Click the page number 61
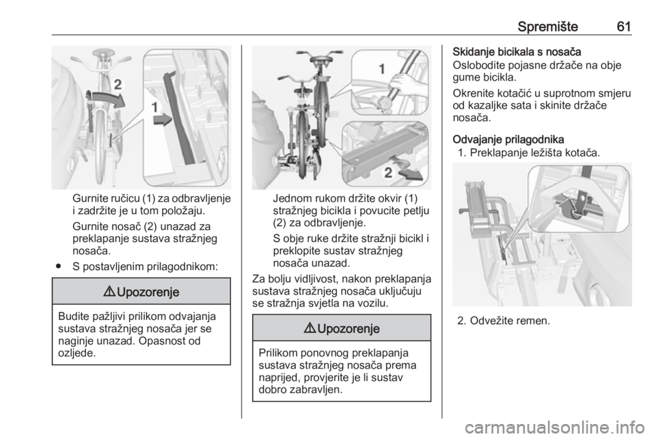tap(624, 27)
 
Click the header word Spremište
tap(547, 27)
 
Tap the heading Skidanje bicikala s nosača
tap(517, 52)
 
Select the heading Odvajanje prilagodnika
tap(508, 139)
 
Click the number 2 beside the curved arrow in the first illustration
tap(118, 84)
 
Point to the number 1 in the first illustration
tap(155, 107)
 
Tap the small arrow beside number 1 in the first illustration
tap(163, 120)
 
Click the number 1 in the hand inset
tap(381, 68)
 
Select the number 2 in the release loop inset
tap(388, 172)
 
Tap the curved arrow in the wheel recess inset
tap(567, 208)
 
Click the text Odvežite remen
tap(510, 321)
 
